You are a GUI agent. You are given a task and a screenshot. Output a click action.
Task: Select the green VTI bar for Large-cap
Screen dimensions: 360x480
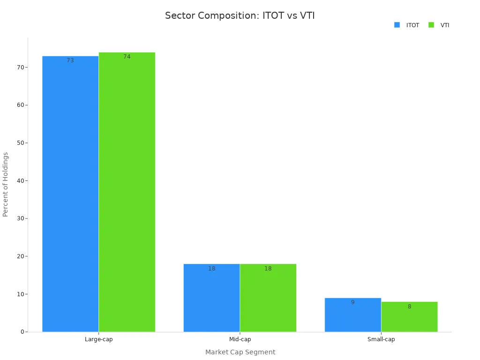[x=127, y=192]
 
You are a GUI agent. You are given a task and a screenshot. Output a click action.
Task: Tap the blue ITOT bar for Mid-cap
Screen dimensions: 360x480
[x=211, y=298]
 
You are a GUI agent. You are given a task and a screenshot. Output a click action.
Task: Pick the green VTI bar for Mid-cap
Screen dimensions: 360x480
[x=268, y=298]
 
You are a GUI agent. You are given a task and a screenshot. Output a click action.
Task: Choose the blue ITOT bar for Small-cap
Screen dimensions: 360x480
[x=352, y=315]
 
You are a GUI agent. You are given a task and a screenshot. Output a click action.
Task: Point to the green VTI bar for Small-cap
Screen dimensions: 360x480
[x=409, y=317]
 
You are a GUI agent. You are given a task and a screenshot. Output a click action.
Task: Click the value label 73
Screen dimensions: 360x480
[x=70, y=60]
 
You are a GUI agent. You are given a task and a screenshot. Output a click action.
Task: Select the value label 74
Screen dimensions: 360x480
[x=127, y=57]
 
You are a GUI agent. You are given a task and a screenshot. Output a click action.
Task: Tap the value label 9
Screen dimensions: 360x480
[x=352, y=302]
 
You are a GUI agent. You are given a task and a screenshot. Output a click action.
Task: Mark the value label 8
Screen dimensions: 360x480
[x=409, y=307]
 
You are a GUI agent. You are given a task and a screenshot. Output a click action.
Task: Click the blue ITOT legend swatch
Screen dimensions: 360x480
[x=397, y=25]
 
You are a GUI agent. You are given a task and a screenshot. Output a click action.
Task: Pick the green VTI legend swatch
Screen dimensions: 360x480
[x=431, y=25]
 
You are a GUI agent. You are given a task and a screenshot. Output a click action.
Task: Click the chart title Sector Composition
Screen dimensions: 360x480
[x=240, y=15]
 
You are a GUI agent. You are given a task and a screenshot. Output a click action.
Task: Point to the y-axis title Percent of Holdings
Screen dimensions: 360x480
[x=6, y=184]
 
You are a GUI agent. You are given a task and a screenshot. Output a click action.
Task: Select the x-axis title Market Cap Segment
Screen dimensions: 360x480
[x=240, y=352]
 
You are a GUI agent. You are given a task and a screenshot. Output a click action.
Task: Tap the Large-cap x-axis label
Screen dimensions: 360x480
[x=98, y=339]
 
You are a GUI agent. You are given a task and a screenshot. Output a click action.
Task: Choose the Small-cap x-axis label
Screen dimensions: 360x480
[x=381, y=339]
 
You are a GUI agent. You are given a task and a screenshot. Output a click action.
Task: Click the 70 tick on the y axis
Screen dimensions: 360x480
[x=21, y=67]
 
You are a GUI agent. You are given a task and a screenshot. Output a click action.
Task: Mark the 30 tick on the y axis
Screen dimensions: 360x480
[x=21, y=218]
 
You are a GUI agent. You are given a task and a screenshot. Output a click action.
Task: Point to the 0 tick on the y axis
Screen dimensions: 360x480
[x=22, y=332]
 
